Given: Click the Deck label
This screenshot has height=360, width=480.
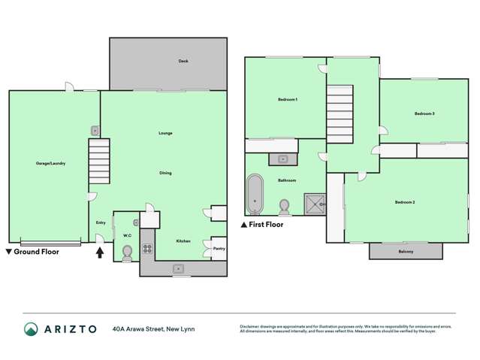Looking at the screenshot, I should point(183,61).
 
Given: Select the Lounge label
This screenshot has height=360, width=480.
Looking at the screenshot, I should point(165,133).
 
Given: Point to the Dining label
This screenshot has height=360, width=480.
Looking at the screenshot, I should point(165,173).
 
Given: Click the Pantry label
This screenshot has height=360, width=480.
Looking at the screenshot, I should point(219,248).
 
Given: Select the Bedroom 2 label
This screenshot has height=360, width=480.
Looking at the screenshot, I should point(405,202).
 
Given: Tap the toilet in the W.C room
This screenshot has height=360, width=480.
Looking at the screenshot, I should point(126,253).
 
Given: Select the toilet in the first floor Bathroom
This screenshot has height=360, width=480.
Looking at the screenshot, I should point(285,205).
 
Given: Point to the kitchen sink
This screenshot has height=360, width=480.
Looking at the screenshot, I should point(179,268).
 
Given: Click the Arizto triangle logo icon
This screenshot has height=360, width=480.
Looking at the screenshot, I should point(31,329).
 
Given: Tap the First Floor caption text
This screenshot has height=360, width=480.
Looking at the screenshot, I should point(266,224).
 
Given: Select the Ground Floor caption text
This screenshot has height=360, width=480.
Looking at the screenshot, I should point(36,252).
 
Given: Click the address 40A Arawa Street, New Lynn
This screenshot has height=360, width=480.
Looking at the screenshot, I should point(155,328).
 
